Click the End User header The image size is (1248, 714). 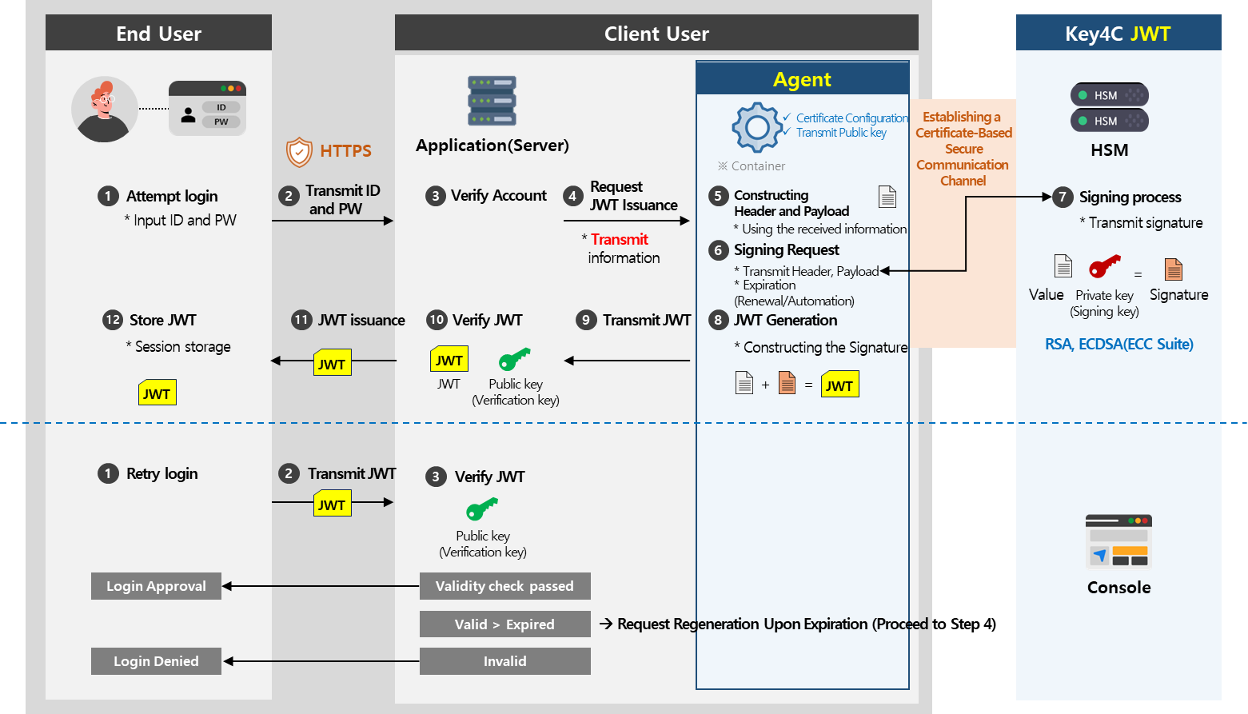(x=158, y=34)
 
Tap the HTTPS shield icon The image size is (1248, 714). (x=299, y=151)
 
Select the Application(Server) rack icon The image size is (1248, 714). (x=492, y=101)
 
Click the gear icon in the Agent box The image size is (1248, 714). (x=756, y=127)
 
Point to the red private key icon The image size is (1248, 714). (x=1105, y=266)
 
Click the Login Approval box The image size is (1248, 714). (x=156, y=586)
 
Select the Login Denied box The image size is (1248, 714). (x=156, y=661)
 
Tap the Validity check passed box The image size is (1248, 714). (x=504, y=586)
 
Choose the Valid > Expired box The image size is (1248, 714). (x=504, y=624)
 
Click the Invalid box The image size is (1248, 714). (x=504, y=661)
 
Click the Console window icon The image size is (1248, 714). (x=1118, y=541)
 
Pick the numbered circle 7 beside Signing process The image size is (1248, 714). (x=1063, y=197)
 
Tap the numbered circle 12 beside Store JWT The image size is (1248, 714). (x=112, y=320)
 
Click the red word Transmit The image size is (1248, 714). (x=620, y=239)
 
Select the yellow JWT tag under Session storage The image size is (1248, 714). (x=157, y=393)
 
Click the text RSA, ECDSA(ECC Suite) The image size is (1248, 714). (x=1118, y=345)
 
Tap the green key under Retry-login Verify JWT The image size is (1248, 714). (x=482, y=509)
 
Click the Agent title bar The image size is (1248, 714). (x=802, y=79)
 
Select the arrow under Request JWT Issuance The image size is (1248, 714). (x=626, y=221)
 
